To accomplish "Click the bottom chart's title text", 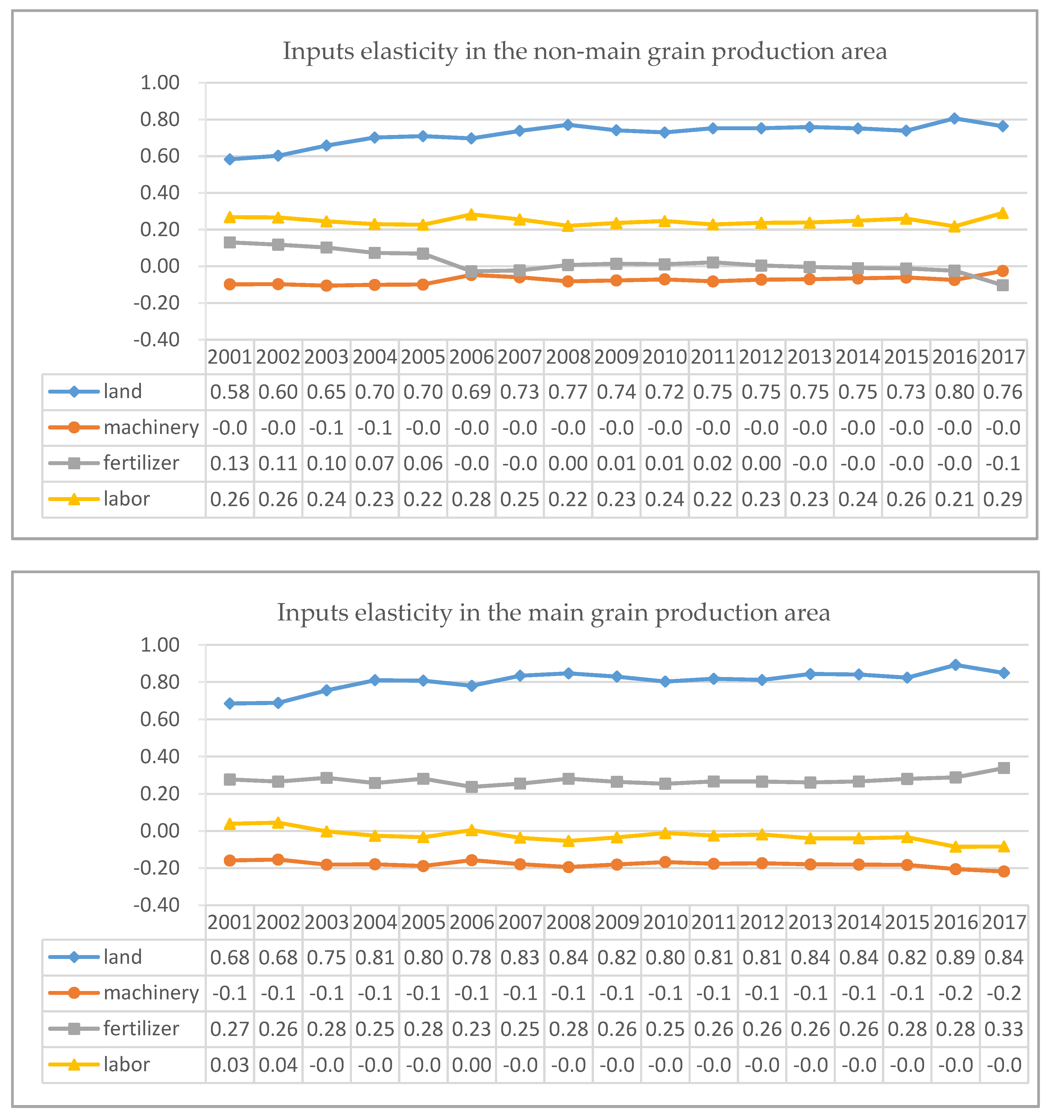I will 554,612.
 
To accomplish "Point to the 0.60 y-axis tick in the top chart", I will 160,156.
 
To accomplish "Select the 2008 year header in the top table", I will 568,357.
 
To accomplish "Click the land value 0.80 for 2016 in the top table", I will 954,391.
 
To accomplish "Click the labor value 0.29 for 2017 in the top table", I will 1003,499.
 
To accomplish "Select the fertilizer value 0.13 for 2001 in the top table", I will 229,464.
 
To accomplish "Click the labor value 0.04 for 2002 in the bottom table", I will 278,1065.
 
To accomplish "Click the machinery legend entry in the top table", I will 124,428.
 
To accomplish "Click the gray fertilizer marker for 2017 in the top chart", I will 1003,286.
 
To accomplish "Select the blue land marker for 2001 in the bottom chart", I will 229,703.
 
